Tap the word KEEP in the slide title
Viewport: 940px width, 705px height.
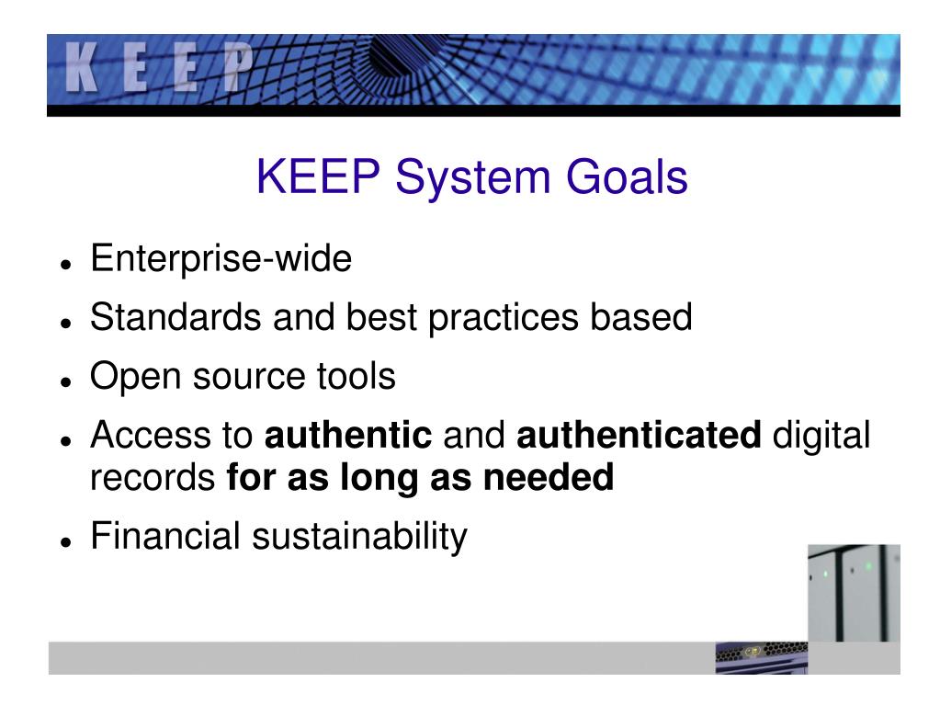click(320, 177)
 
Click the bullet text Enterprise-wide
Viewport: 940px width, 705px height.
click(221, 259)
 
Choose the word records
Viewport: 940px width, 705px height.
click(153, 478)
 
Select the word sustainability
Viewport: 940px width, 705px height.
click(359, 537)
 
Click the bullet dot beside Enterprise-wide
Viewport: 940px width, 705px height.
click(65, 264)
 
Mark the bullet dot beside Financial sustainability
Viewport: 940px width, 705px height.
click(65, 541)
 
